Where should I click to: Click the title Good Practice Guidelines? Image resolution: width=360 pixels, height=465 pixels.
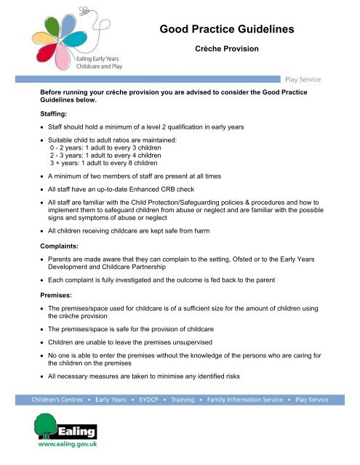click(231, 31)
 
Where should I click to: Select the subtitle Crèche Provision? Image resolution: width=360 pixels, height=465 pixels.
click(231, 54)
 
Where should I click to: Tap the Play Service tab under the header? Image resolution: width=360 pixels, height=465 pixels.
click(303, 79)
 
